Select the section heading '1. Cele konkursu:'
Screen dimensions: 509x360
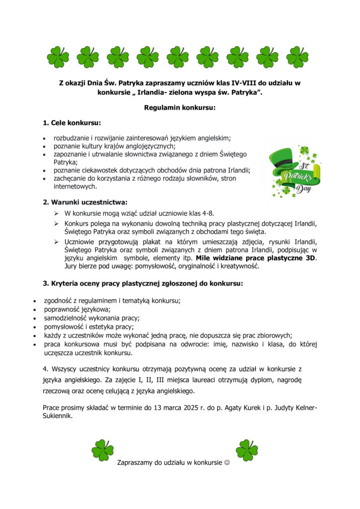point(72,122)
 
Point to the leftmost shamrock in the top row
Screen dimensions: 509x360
point(58,57)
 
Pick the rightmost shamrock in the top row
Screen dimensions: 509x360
point(297,57)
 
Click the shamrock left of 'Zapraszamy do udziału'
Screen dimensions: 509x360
point(102,450)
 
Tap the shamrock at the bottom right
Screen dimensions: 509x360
point(247,450)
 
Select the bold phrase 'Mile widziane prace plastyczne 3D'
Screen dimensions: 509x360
point(256,258)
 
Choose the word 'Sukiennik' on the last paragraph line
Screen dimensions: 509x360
point(57,416)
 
